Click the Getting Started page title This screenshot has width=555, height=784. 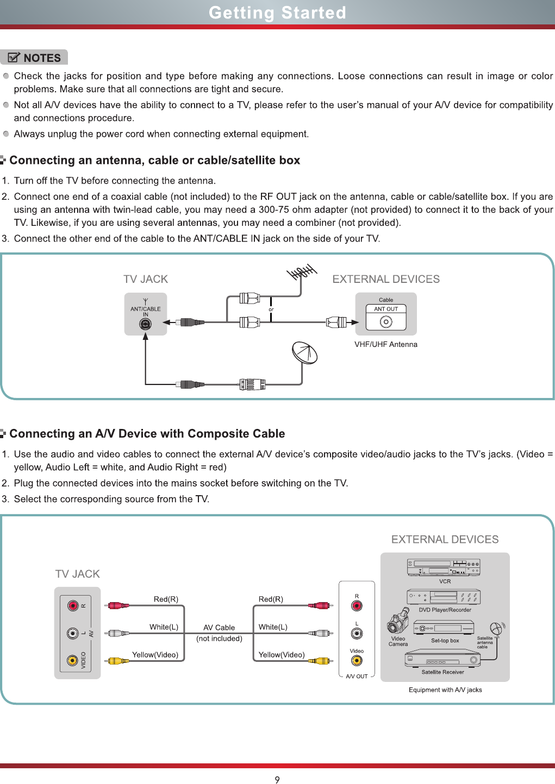point(277,12)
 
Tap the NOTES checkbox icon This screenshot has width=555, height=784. point(15,58)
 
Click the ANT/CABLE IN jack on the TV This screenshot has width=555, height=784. point(145,324)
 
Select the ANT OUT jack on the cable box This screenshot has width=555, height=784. point(386,322)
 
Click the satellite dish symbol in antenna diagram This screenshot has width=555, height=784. point(304,353)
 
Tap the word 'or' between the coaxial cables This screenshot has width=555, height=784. point(271,309)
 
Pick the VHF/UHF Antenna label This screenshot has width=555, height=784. point(386,344)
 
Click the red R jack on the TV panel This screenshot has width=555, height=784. point(73,605)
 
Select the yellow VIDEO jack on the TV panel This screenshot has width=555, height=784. point(73,660)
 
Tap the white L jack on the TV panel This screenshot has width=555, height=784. point(73,633)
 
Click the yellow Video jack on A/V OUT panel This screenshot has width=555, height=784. point(357,661)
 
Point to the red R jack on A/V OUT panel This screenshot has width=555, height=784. point(357,606)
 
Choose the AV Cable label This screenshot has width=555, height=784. point(219,628)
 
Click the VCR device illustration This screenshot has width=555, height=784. point(444,567)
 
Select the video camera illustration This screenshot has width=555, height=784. point(399,621)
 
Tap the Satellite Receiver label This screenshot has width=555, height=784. point(443,672)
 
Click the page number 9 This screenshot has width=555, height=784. point(277,780)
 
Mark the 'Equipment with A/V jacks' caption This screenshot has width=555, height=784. point(445,690)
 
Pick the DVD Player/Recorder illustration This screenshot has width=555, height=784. point(444,597)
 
